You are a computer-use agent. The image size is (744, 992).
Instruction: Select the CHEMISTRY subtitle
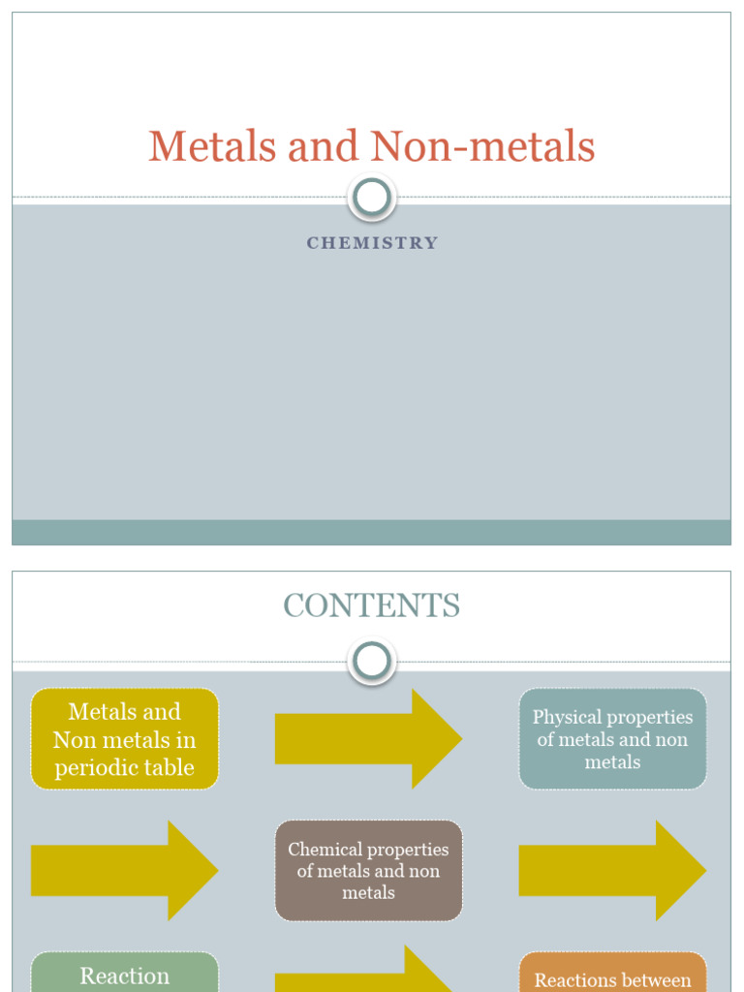(372, 243)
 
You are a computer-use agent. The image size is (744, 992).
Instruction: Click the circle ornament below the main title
(372, 198)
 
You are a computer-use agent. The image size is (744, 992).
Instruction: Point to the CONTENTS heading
(372, 606)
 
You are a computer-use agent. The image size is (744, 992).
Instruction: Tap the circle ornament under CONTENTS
(372, 662)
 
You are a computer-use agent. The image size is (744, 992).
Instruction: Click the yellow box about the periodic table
(124, 739)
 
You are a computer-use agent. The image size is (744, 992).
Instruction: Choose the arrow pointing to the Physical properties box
(368, 739)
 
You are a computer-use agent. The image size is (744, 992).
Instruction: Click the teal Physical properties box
(612, 739)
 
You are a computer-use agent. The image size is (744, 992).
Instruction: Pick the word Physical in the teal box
(566, 718)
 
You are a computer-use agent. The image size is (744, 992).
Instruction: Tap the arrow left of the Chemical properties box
(124, 871)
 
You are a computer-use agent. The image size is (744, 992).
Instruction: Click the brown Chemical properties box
(368, 871)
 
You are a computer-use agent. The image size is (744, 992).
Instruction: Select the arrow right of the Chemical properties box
(612, 871)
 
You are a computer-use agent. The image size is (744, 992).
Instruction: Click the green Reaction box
(124, 974)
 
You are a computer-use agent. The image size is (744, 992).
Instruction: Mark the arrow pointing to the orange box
(368, 974)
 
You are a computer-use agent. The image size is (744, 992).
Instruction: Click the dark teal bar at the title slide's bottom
(372, 533)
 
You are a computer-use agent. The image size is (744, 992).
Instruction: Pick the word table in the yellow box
(169, 768)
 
